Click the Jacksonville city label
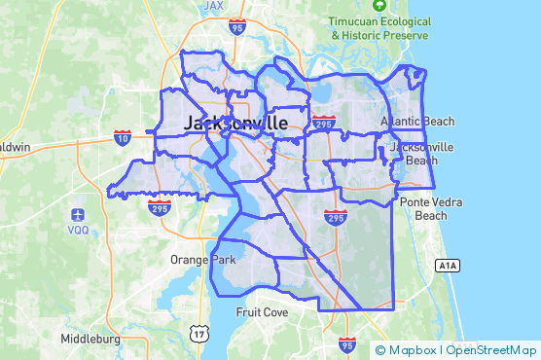(x=235, y=124)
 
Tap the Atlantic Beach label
(x=417, y=122)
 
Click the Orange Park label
(x=202, y=261)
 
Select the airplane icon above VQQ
(x=78, y=214)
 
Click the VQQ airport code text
(x=79, y=231)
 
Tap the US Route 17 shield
(x=198, y=333)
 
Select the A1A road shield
(x=447, y=265)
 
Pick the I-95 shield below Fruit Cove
(x=347, y=344)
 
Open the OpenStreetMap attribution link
(x=491, y=350)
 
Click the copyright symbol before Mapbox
(x=380, y=350)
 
